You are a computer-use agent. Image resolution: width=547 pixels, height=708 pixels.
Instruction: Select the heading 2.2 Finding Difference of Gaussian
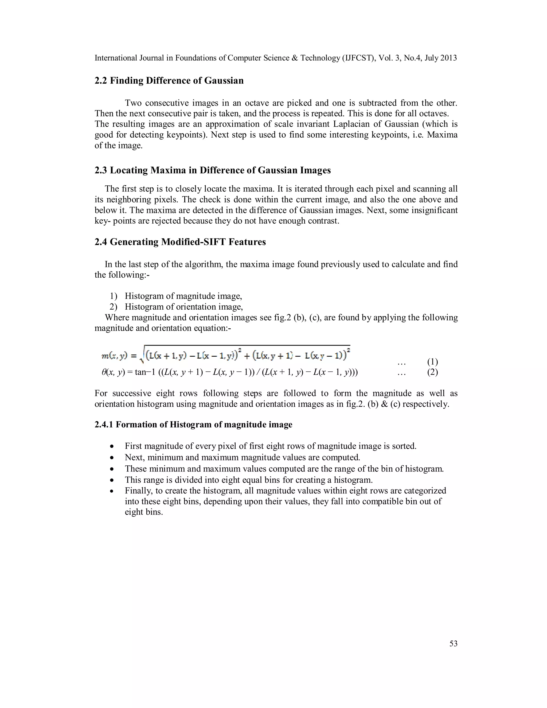pyautogui.click(x=169, y=80)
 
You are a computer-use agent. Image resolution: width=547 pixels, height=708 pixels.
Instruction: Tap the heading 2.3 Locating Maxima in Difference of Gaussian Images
pyautogui.click(x=213, y=170)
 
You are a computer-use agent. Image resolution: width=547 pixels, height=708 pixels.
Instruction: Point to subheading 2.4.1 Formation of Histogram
pyautogui.click(x=193, y=425)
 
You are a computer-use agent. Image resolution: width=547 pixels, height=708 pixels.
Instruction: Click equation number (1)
pyautogui.click(x=433, y=361)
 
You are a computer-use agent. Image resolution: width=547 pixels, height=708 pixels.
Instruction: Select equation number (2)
pyautogui.click(x=433, y=372)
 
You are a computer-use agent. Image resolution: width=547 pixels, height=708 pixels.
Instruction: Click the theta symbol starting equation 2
pyautogui.click(x=104, y=372)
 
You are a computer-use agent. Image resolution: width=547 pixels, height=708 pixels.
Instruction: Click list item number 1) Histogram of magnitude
pyautogui.click(x=114, y=296)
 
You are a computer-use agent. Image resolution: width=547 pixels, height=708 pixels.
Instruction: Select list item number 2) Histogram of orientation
pyautogui.click(x=114, y=307)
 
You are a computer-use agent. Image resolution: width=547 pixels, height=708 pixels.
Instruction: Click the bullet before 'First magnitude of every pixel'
pyautogui.click(x=112, y=447)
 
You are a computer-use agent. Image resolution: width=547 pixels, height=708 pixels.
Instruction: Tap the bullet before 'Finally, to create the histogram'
pyautogui.click(x=112, y=491)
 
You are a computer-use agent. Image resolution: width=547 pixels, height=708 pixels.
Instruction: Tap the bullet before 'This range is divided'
pyautogui.click(x=112, y=480)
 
